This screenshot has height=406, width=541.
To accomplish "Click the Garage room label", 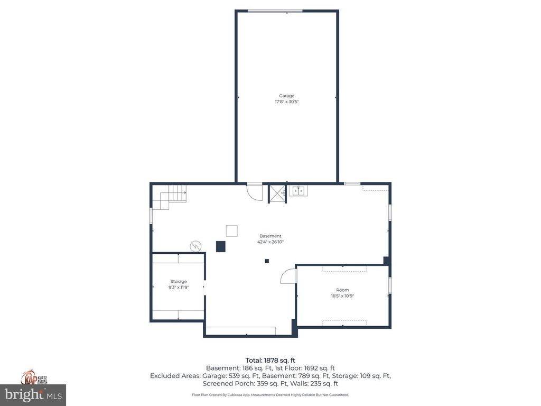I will [x=287, y=96].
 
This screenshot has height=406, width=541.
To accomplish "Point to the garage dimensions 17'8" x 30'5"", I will [x=287, y=101].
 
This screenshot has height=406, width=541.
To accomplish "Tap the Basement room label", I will [x=270, y=236].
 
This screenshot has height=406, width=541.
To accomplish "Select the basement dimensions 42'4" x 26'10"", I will [x=270, y=242].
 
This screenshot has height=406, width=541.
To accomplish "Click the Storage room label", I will [x=179, y=281].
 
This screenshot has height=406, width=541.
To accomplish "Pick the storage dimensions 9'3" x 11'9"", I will [x=179, y=287].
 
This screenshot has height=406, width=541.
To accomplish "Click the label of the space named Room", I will [x=342, y=290].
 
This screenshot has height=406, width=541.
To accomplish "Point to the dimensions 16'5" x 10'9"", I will [x=342, y=296].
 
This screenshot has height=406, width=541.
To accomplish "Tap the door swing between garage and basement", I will [x=254, y=191].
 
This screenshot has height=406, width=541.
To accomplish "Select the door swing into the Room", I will [x=288, y=276].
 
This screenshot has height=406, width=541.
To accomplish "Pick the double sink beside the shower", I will [x=299, y=191].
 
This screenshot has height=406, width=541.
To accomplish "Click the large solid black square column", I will [x=221, y=246].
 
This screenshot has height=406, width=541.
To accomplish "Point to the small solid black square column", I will [x=267, y=261].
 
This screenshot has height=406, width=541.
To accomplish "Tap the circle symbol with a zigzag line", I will [x=195, y=246].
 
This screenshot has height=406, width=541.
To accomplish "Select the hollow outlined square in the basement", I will [x=231, y=230].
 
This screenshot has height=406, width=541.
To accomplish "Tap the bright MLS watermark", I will [x=33, y=394].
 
